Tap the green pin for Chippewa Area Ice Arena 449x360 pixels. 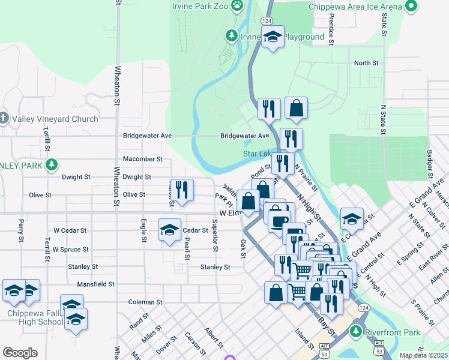click(x=411, y=7)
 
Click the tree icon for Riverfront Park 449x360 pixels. click(x=357, y=330)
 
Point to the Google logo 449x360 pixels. click(x=20, y=353)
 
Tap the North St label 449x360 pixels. click(x=366, y=62)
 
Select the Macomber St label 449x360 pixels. click(x=143, y=159)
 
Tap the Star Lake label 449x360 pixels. click(x=257, y=154)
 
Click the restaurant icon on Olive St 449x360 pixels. click(x=182, y=190)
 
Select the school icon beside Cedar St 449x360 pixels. click(x=169, y=229)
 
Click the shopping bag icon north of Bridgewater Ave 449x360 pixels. click(x=296, y=108)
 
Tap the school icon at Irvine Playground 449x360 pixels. click(x=272, y=37)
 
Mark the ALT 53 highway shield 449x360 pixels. click(x=324, y=349)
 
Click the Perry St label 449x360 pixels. click(x=21, y=227)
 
